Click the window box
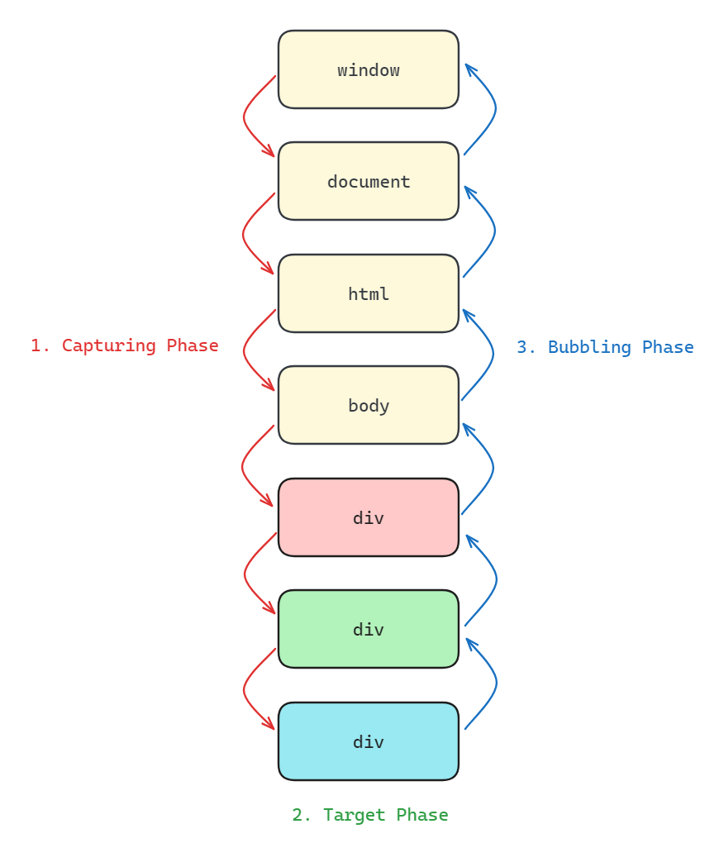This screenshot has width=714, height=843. [x=369, y=69]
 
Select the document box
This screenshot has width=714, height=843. [x=369, y=181]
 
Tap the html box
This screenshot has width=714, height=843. [x=369, y=293]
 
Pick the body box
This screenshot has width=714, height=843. [x=369, y=405]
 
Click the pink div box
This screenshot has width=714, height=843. [x=369, y=517]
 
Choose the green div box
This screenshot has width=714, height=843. [x=369, y=629]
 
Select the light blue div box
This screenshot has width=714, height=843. [x=369, y=741]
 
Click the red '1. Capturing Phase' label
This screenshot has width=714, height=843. [x=125, y=345]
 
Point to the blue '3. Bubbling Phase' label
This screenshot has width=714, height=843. [x=605, y=347]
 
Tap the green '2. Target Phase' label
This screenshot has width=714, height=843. [x=370, y=815]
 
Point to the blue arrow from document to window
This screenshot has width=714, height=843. [x=494, y=108]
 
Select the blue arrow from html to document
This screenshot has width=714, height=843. [x=493, y=231]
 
